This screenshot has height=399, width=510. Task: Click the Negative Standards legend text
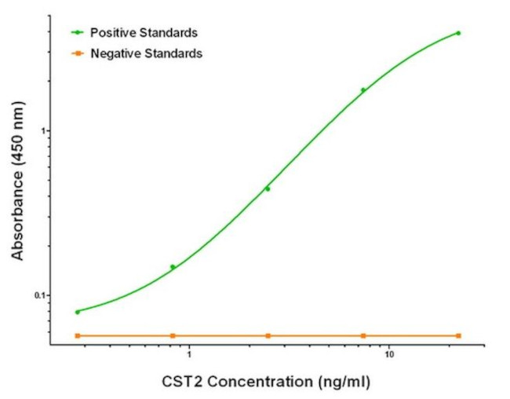(147, 53)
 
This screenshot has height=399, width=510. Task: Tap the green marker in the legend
(78, 32)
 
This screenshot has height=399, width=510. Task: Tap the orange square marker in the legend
(78, 53)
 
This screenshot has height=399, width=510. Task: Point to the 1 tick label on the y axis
(42, 130)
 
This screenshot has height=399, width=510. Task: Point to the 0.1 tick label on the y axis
(38, 295)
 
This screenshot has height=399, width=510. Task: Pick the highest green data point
(458, 33)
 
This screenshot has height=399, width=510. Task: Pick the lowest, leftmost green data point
(77, 312)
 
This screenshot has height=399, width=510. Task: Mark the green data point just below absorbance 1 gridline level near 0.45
(268, 189)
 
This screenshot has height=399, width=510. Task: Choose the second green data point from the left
(173, 267)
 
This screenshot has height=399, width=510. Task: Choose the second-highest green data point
(363, 90)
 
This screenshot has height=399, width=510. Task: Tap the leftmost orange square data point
(77, 335)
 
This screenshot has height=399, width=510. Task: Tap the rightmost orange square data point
(458, 335)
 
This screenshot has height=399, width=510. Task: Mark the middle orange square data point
(268, 335)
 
